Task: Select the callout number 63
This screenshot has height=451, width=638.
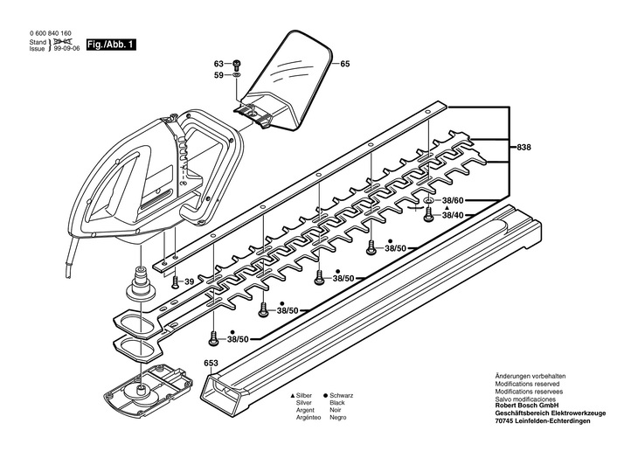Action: (x=219, y=64)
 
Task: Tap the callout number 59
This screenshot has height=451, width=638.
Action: (x=219, y=76)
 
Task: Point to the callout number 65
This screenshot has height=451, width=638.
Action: (x=344, y=64)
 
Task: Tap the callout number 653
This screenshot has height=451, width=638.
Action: (x=211, y=362)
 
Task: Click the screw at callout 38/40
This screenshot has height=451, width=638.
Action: (x=428, y=215)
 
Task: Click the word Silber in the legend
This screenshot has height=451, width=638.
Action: (x=306, y=396)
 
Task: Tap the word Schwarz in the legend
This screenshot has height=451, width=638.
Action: (x=342, y=396)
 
